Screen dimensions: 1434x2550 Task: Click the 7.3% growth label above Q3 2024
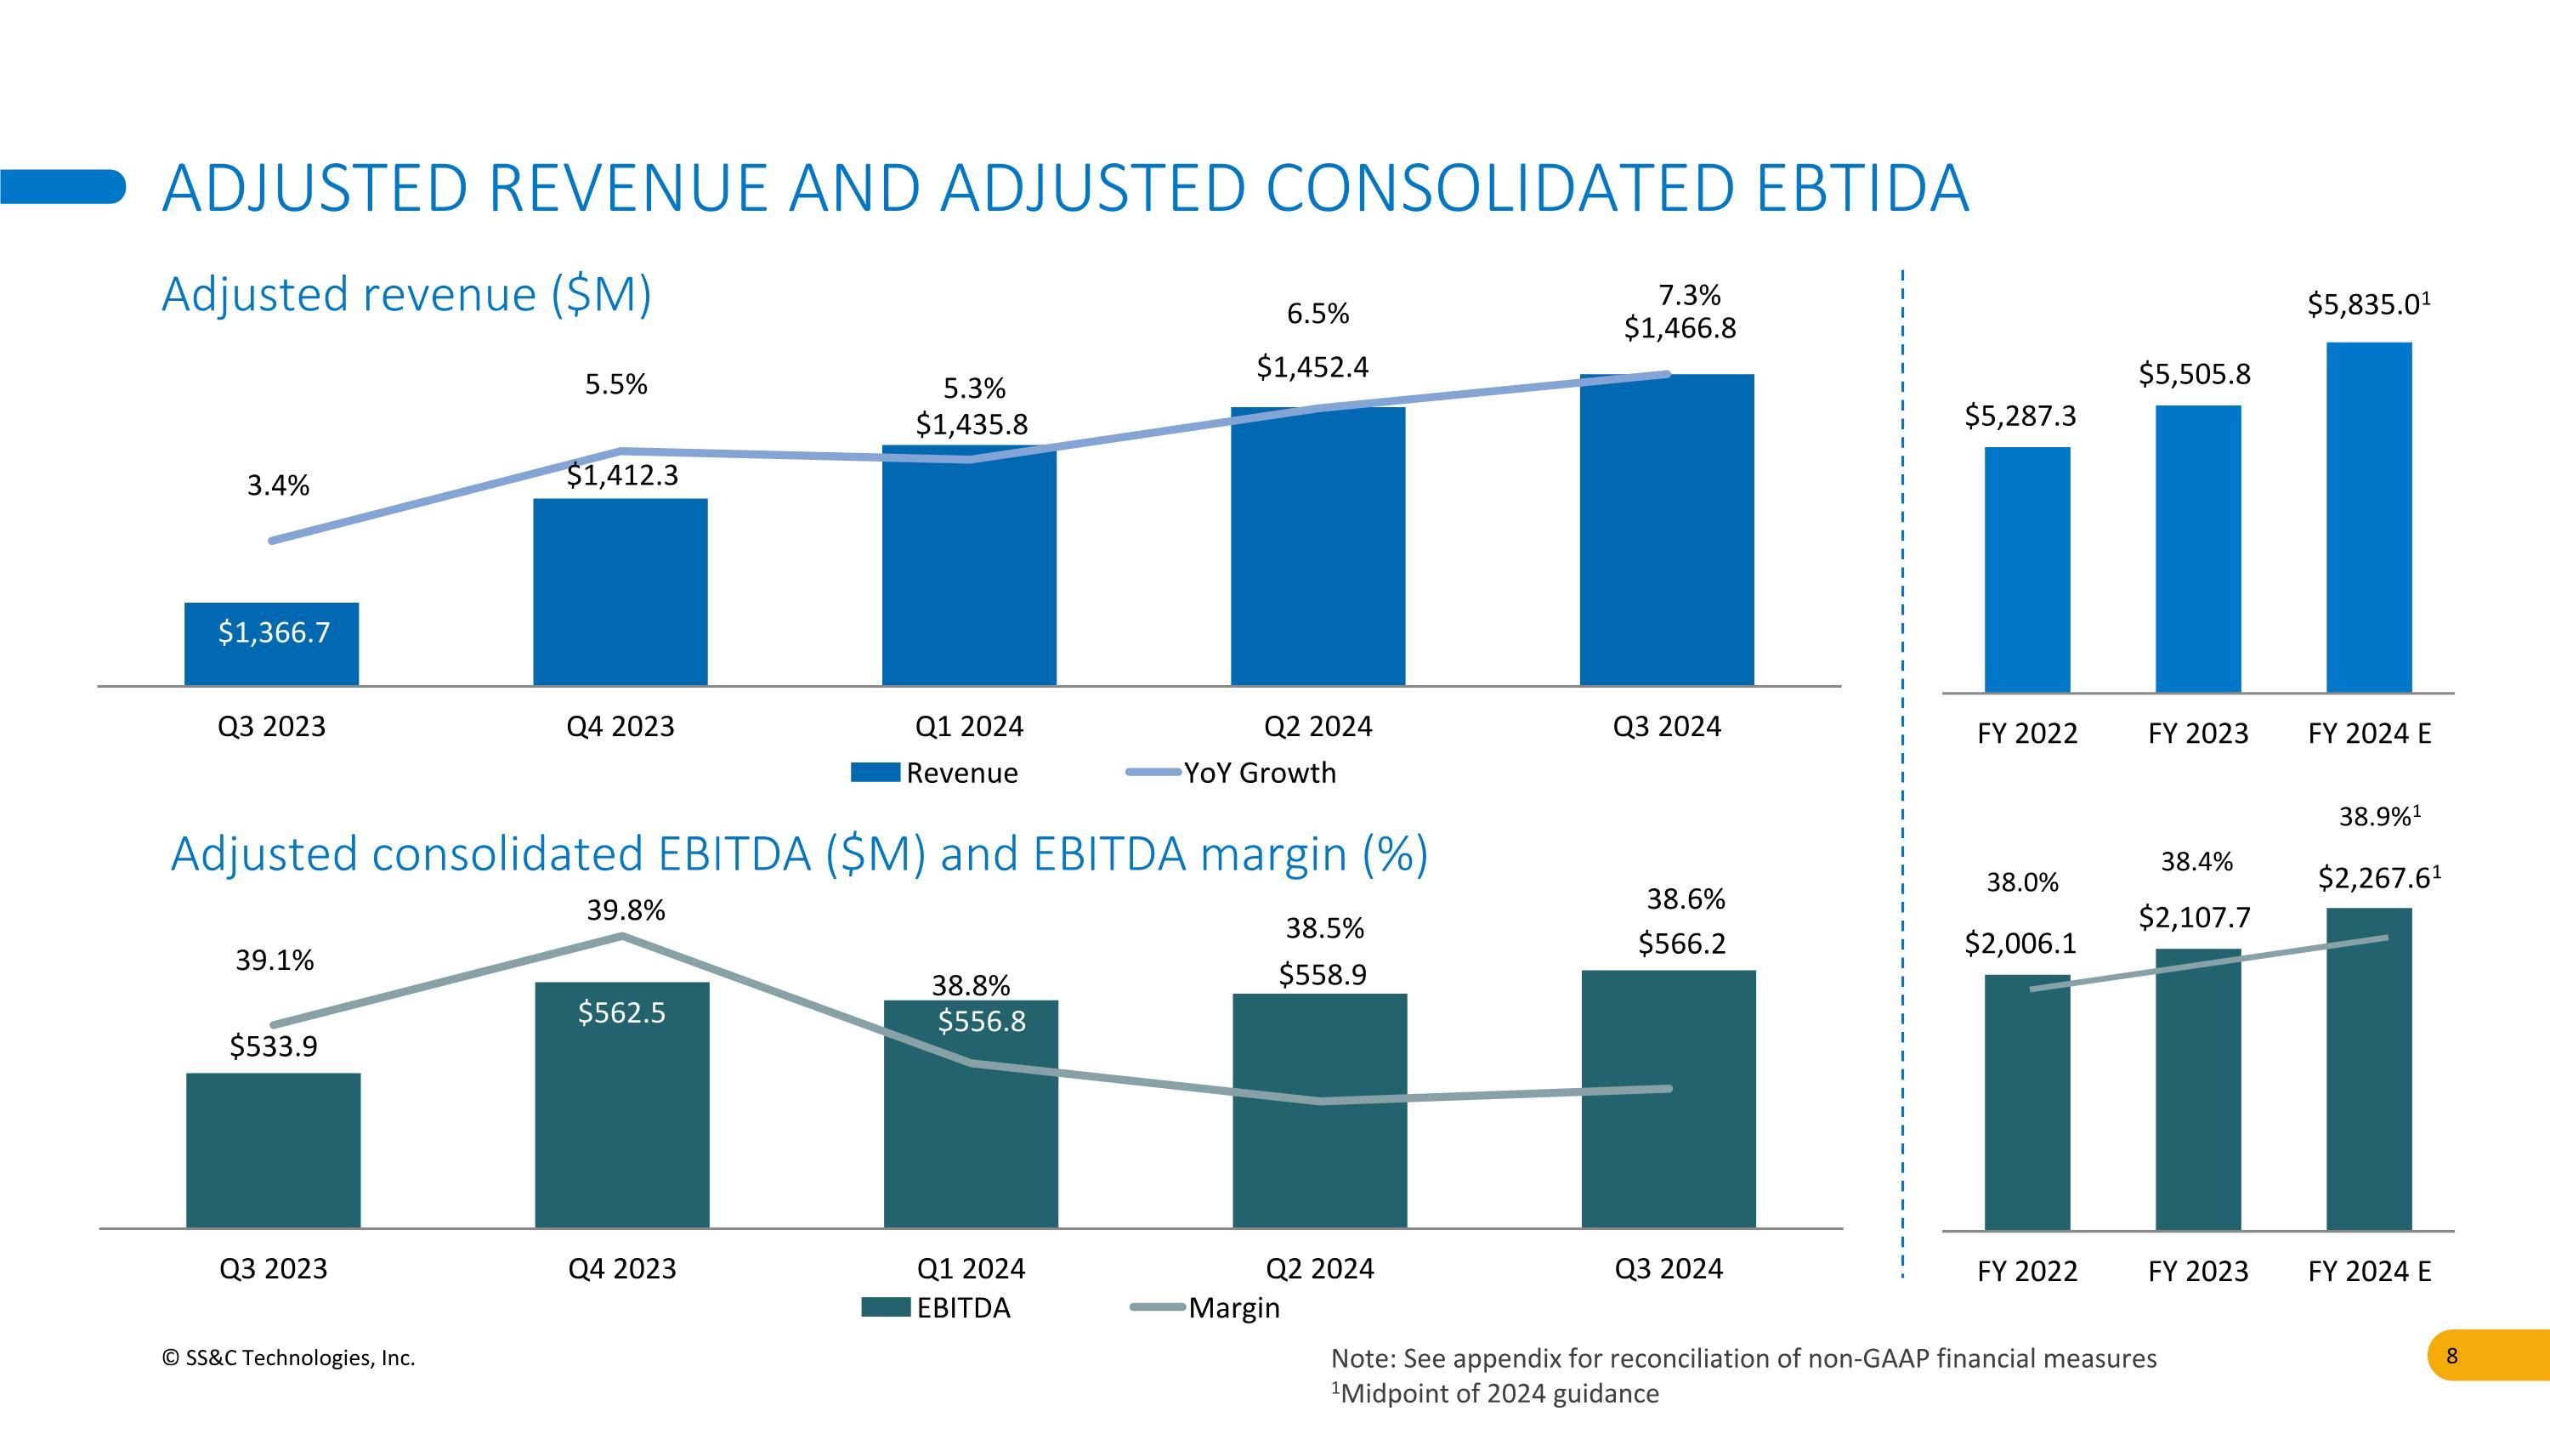pyautogui.click(x=1689, y=295)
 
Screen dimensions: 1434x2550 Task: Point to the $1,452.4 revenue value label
pyautogui.click(x=1312, y=367)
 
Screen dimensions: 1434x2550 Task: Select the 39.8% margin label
pyautogui.click(x=626, y=910)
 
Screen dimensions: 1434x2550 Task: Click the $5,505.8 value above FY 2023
pyautogui.click(x=2194, y=374)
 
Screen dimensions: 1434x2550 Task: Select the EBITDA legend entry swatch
pyautogui.click(x=885, y=1308)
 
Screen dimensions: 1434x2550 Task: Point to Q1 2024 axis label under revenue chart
pyautogui.click(x=969, y=727)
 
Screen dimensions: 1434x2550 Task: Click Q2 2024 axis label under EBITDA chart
pyautogui.click(x=1319, y=1269)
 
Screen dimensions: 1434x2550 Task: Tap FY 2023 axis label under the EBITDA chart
pyautogui.click(x=2197, y=1271)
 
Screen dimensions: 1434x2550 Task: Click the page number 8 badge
pyautogui.click(x=2451, y=1356)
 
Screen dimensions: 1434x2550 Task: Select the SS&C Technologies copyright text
pyautogui.click(x=288, y=1357)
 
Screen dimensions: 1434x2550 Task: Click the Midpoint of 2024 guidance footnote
pyautogui.click(x=1495, y=1393)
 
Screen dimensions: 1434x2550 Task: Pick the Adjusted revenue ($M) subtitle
pyautogui.click(x=405, y=294)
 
